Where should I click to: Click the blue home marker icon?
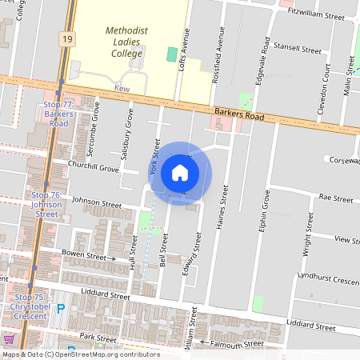[180, 172]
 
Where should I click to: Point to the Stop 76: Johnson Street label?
[46, 204]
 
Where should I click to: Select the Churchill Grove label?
[93, 169]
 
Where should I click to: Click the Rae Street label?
[336, 198]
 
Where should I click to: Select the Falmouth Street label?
[237, 344]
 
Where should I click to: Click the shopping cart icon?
[10, 338]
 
